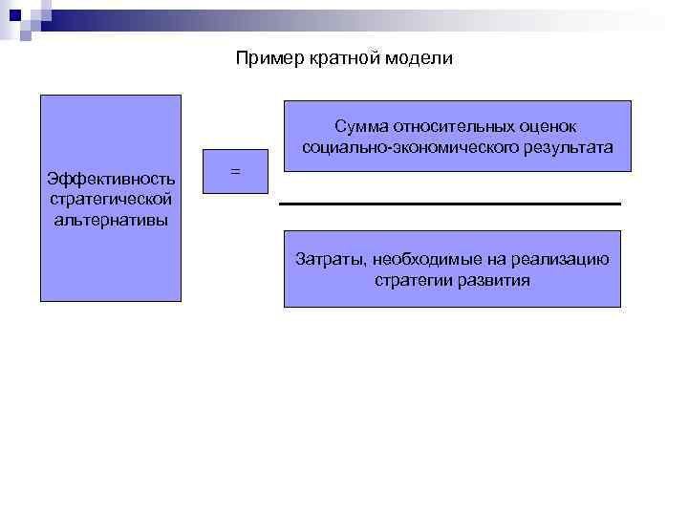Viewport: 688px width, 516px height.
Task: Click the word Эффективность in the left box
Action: (110, 180)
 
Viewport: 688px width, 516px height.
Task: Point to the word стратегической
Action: (110, 200)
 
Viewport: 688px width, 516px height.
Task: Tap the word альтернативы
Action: (110, 220)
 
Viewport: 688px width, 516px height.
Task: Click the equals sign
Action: (235, 171)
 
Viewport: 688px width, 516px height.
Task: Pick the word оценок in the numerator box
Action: (553, 127)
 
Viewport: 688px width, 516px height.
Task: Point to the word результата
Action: (567, 148)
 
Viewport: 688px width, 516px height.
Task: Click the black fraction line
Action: (449, 204)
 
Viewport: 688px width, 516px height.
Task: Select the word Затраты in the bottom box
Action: (328, 259)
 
